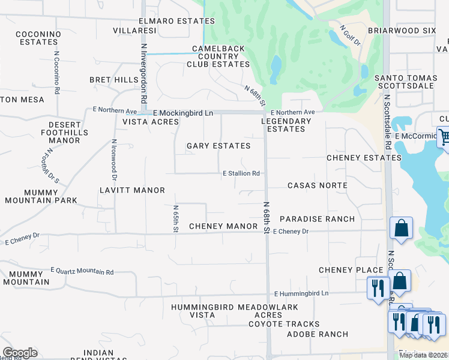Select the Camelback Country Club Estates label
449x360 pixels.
(221, 56)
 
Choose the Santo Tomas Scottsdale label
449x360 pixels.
(412, 82)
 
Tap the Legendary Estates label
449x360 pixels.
(289, 125)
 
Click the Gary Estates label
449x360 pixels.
(218, 146)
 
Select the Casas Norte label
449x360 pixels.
(317, 185)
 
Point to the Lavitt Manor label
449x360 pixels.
(132, 190)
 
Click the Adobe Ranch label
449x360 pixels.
(317, 334)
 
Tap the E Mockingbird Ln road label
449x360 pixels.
(183, 113)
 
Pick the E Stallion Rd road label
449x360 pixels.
(241, 173)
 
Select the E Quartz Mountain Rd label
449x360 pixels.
(82, 272)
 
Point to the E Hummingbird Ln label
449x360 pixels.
(301, 293)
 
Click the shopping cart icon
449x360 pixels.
(444, 137)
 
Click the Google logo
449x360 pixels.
(20, 353)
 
